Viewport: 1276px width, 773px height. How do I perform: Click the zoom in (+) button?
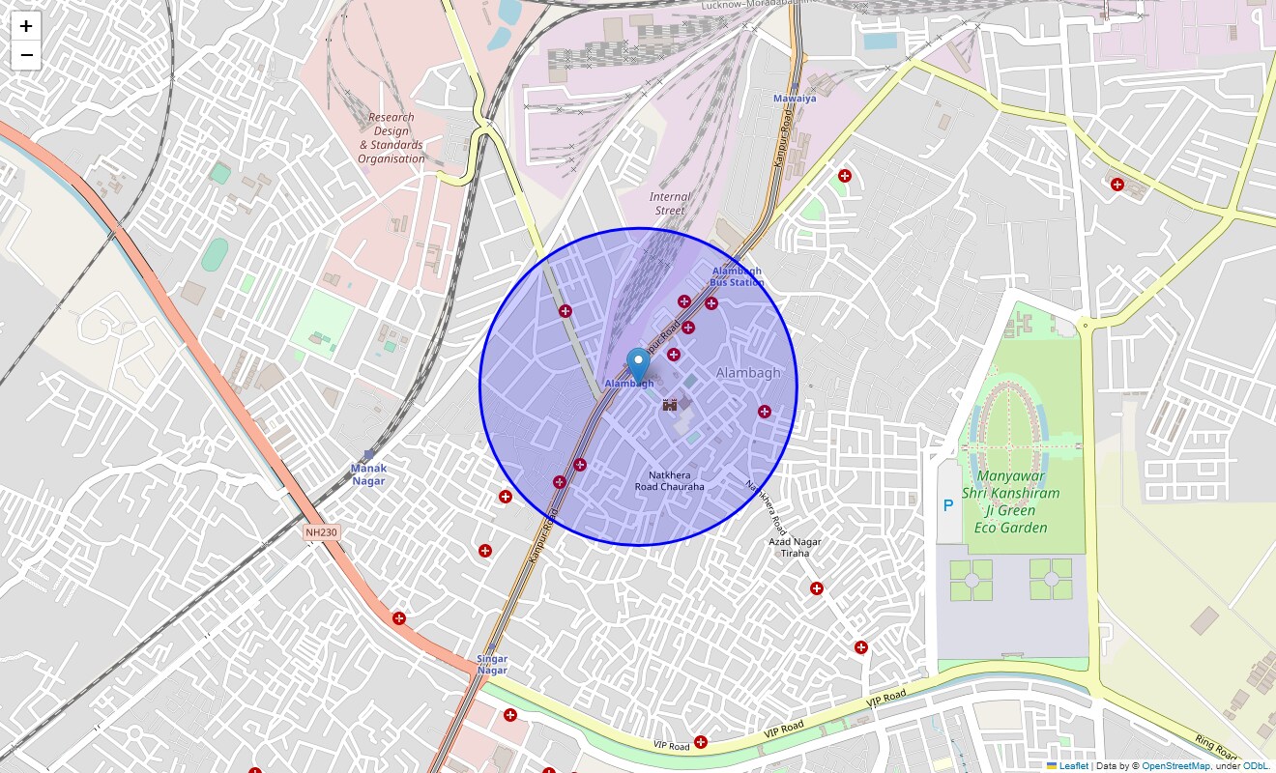click(26, 26)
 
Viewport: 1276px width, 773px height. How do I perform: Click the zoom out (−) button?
click(26, 55)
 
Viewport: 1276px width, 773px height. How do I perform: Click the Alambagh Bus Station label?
click(737, 277)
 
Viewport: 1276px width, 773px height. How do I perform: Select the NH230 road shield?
click(322, 532)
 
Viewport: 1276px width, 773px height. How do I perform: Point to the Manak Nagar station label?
click(368, 474)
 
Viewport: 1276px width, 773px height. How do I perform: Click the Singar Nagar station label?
click(492, 665)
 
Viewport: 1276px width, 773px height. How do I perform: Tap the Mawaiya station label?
click(795, 99)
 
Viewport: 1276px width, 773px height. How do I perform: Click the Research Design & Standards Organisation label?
click(391, 138)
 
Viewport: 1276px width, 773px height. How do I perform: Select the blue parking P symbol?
click(948, 505)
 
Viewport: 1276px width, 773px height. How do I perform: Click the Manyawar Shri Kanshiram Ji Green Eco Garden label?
click(1011, 501)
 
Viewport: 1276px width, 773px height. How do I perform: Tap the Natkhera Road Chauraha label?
click(670, 481)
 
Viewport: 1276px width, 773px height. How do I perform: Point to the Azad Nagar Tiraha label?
click(795, 548)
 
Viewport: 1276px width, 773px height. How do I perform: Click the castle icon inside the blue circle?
click(670, 406)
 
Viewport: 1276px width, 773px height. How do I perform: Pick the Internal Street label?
click(670, 204)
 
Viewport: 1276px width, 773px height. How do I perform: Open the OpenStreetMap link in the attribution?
click(1175, 766)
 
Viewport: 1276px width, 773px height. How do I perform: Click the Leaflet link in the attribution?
click(1073, 766)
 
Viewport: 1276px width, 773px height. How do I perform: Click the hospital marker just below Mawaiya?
click(845, 176)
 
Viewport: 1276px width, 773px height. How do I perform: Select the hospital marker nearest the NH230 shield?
click(399, 618)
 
